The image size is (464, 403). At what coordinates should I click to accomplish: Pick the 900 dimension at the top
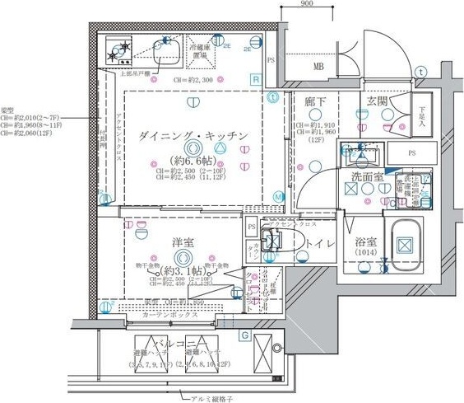(x=306, y=5)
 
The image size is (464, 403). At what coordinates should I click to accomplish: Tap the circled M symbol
(x=280, y=197)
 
